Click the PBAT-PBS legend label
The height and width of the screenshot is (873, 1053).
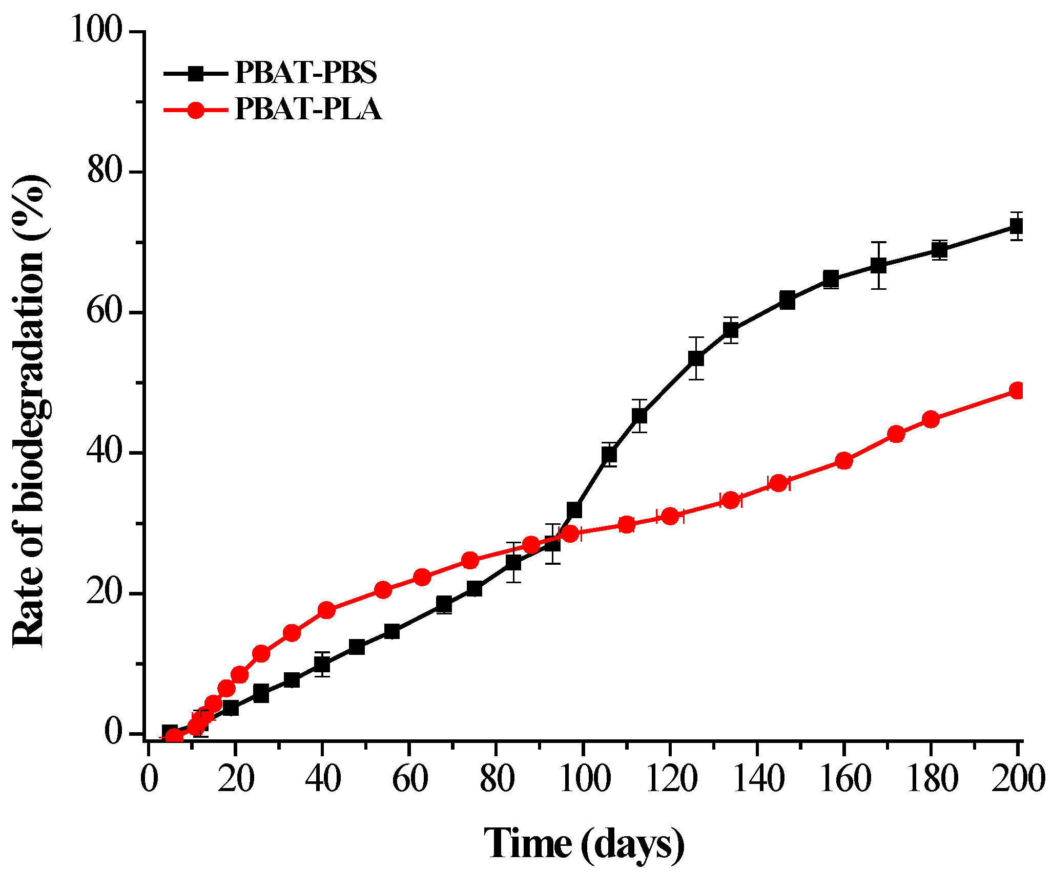tap(305, 73)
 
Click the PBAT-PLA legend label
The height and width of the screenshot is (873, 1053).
tap(308, 109)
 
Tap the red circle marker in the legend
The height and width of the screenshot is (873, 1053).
tap(196, 110)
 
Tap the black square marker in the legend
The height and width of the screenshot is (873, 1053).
tap(196, 73)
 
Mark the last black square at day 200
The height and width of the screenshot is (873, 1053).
tap(1017, 226)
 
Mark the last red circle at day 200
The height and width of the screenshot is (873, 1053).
tap(1018, 391)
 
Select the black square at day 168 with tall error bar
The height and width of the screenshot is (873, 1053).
tap(879, 265)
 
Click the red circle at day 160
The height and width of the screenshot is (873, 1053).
tap(844, 461)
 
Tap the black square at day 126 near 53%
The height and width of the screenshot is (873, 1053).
tap(696, 358)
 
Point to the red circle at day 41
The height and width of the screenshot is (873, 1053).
tap(326, 610)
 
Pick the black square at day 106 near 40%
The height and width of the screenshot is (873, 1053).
tap(609, 454)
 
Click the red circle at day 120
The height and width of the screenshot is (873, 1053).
tap(670, 516)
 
